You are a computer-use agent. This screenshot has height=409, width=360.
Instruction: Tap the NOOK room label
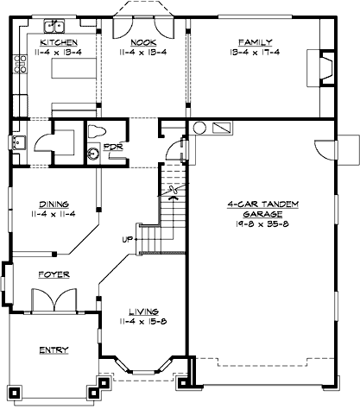(x=142, y=42)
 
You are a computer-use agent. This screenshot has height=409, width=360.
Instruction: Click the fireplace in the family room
(x=324, y=66)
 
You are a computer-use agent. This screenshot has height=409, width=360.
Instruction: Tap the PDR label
(x=112, y=147)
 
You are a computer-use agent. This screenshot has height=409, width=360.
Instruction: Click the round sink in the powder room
(x=93, y=154)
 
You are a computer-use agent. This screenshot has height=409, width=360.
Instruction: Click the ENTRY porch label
(x=54, y=349)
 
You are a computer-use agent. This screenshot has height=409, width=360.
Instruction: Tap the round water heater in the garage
(x=199, y=128)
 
